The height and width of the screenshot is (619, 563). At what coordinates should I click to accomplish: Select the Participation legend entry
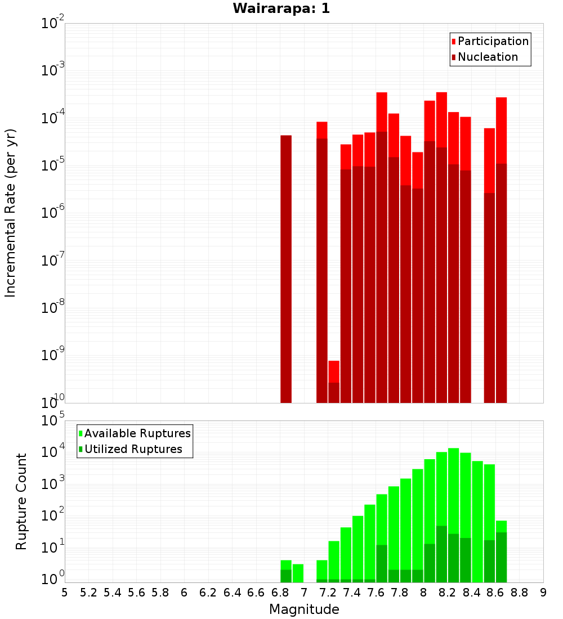493,41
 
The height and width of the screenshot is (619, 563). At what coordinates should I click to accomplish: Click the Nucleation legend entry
487,57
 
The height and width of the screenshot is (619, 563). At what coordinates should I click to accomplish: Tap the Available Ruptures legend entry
137,433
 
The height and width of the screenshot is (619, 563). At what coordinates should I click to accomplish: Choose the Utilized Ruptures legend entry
133,449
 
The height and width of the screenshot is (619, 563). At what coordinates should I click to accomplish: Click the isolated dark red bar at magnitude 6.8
286,269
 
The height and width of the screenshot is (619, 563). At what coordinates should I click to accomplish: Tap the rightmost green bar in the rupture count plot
502,551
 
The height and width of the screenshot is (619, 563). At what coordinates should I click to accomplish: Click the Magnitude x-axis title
304,609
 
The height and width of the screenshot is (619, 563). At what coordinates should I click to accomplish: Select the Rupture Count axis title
21,501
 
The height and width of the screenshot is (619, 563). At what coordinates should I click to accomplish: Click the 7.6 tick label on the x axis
376,593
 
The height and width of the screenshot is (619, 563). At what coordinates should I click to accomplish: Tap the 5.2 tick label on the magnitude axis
88,593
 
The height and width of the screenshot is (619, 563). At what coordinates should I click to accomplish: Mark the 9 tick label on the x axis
543,593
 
